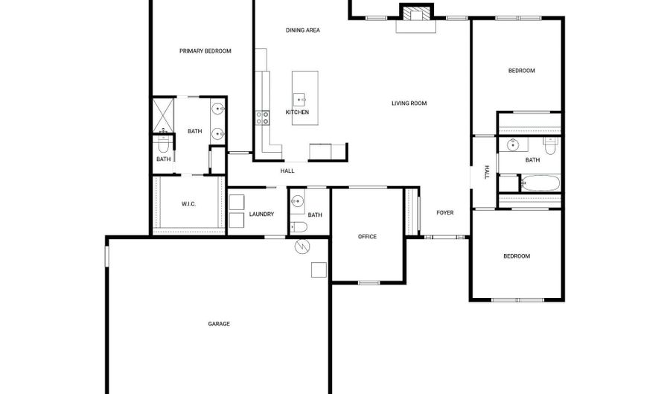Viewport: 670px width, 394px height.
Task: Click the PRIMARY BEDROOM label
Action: [x=205, y=51]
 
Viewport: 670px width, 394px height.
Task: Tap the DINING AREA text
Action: [x=303, y=31]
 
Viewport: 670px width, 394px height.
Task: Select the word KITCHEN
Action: [x=297, y=112]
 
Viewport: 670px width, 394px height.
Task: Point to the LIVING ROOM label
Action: [x=409, y=104]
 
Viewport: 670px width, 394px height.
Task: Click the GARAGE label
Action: [x=218, y=324]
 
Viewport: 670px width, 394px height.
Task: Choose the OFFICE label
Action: [x=367, y=237]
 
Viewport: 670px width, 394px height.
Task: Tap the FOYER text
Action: [x=444, y=213]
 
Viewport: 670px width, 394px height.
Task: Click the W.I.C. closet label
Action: [x=188, y=204]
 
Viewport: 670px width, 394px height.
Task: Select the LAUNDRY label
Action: [x=261, y=215]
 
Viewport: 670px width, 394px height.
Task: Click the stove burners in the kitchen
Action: [x=263, y=116]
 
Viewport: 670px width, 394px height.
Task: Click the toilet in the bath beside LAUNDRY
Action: [x=298, y=226]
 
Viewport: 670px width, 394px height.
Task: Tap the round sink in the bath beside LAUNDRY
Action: [x=297, y=201]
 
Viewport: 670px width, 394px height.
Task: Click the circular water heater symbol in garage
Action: [x=302, y=247]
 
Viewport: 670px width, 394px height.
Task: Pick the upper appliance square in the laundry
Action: [x=237, y=202]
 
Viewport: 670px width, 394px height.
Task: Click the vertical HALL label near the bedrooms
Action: [x=487, y=173]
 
